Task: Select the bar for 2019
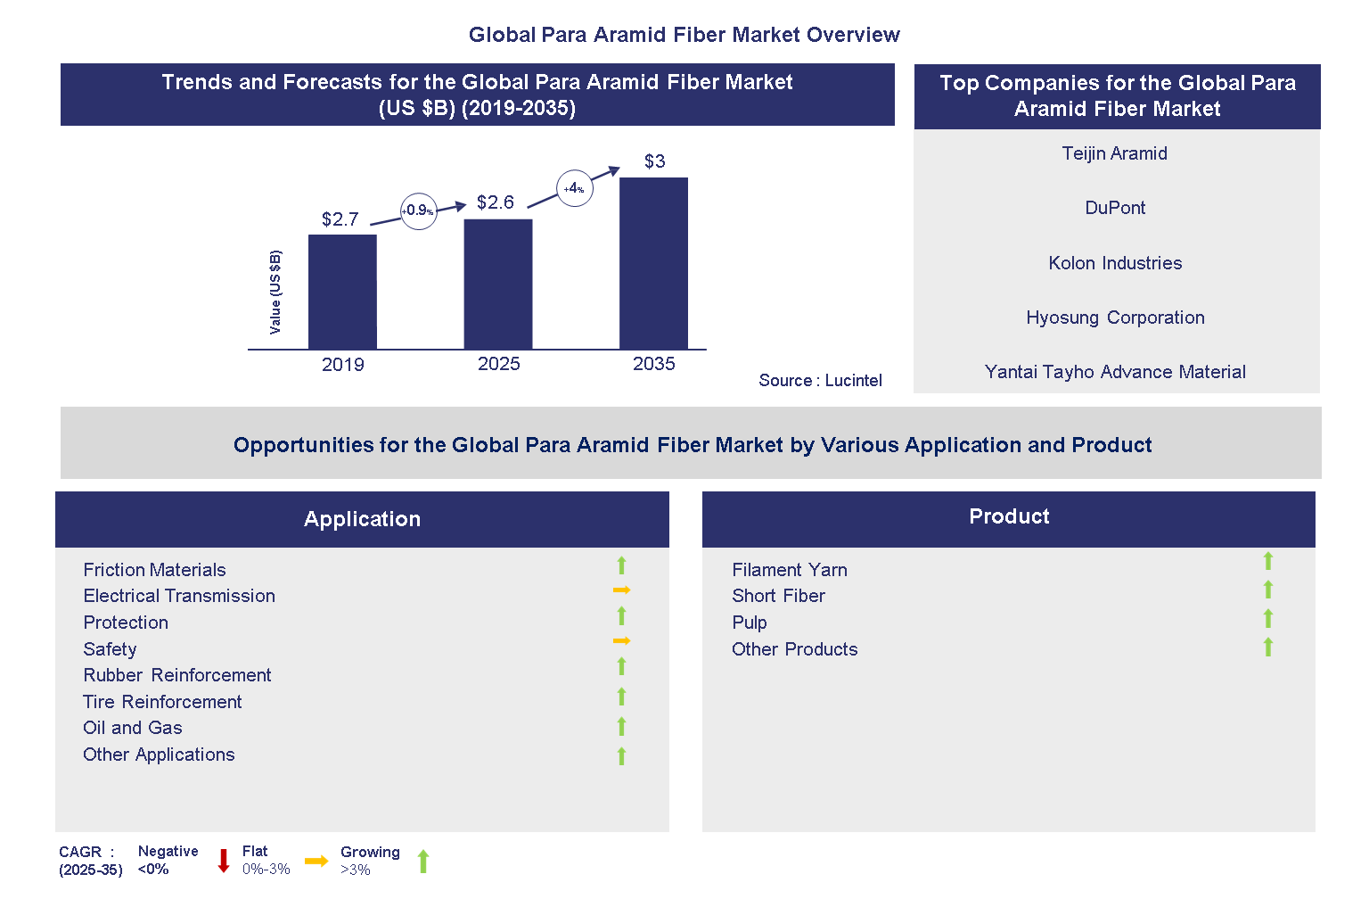[342, 292]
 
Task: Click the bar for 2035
[653, 263]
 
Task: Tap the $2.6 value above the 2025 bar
[496, 202]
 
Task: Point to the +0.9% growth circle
[418, 211]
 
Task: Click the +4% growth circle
[575, 188]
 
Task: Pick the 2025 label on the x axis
[498, 364]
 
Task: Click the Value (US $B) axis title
[275, 293]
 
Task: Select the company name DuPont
[1115, 208]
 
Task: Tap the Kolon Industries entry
[1115, 263]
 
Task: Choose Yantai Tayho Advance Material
[1115, 372]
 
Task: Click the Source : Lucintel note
[820, 381]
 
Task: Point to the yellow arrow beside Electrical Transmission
[621, 590]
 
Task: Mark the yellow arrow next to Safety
[621, 641]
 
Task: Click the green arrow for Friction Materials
[621, 565]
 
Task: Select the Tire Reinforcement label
[162, 702]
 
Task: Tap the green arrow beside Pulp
[1268, 618]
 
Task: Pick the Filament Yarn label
[790, 570]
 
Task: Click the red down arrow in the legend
[224, 861]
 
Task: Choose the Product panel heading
[1009, 517]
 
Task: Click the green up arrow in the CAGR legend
[423, 861]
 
